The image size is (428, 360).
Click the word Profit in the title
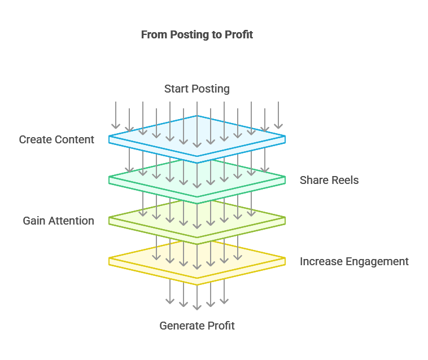[239, 34]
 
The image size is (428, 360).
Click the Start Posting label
[197, 89]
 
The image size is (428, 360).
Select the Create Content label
[56, 139]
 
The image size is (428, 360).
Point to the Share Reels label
[329, 180]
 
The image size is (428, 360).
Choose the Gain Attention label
[58, 221]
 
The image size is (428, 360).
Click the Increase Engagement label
[354, 262]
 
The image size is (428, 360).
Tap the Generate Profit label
[197, 326]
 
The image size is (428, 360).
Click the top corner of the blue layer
[197, 116]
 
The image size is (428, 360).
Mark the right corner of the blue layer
[285, 136]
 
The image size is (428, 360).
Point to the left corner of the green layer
[109, 177]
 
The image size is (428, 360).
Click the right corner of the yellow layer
[285, 258]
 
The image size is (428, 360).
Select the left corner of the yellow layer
[109, 258]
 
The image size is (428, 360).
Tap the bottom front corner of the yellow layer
[197, 285]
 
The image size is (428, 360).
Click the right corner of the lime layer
[285, 217]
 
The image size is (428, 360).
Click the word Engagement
[378, 262]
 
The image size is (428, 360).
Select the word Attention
[71, 221]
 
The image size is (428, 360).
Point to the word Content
[74, 139]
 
